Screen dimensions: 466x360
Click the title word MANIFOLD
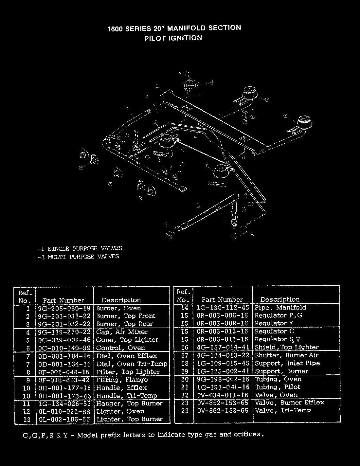[185, 28]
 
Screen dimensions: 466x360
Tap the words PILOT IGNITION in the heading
[173, 38]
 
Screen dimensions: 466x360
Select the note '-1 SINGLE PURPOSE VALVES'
[80, 248]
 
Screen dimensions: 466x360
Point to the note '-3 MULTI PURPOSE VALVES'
[79, 257]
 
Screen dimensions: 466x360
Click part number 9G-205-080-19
[64, 308]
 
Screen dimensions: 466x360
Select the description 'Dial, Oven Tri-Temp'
[132, 364]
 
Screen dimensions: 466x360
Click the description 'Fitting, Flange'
[122, 380]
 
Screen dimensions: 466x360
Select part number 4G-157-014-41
[223, 347]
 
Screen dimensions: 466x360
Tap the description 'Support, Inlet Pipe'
[287, 363]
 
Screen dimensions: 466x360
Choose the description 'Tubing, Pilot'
[273, 387]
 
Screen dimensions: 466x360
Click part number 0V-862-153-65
[223, 411]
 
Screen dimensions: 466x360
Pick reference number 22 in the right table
[185, 395]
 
